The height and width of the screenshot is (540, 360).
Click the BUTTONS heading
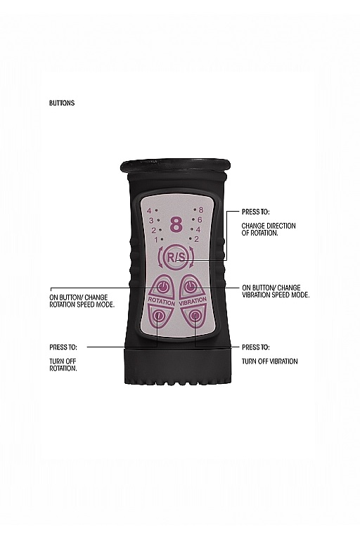[x=62, y=103]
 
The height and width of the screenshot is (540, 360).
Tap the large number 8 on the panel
[x=176, y=225]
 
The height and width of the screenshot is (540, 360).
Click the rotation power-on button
[x=162, y=286]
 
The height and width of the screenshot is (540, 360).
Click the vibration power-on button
[x=191, y=286]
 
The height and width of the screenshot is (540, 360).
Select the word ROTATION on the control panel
[x=162, y=301]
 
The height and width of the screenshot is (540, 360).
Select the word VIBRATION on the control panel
[x=193, y=301]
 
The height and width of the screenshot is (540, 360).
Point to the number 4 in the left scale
[x=150, y=211]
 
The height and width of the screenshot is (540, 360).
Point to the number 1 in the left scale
[x=156, y=240]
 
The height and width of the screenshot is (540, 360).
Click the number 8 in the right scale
[x=201, y=210]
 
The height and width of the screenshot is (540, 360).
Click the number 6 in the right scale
[x=200, y=219]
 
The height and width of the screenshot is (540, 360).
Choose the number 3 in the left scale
[x=151, y=221]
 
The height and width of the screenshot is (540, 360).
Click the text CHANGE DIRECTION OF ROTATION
[x=269, y=229]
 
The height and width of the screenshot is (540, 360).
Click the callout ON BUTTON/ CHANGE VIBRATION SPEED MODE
[x=276, y=291]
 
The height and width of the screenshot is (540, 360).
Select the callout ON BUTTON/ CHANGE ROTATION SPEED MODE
[x=82, y=301]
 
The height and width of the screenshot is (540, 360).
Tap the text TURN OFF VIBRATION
[x=269, y=361]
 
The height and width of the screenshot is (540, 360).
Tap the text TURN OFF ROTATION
[x=63, y=365]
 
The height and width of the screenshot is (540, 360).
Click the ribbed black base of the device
[x=176, y=366]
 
